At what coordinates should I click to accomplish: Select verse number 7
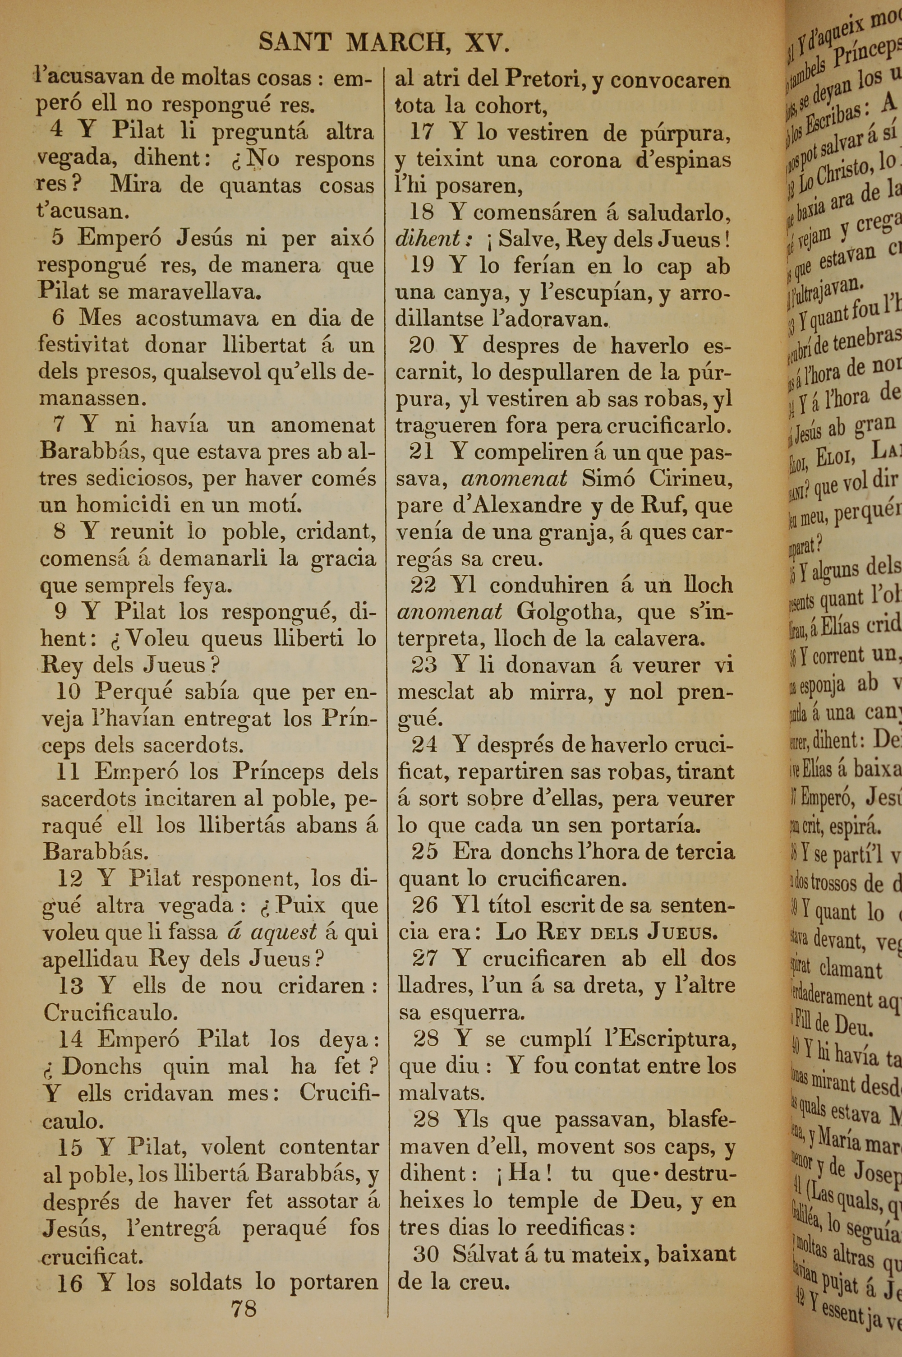59,425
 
